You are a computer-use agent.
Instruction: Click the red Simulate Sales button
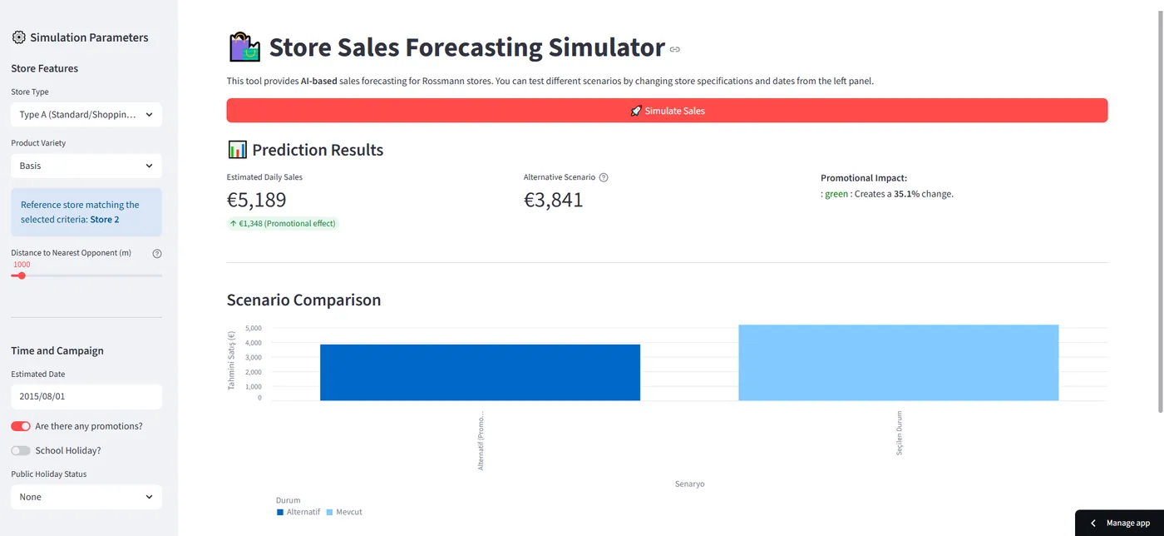[667, 111]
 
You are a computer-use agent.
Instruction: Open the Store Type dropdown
[86, 115]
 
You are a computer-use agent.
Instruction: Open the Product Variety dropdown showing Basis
[86, 166]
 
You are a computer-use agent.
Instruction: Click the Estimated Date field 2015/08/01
[86, 396]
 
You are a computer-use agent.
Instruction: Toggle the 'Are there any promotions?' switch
[21, 426]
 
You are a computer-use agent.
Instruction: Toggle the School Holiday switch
[21, 450]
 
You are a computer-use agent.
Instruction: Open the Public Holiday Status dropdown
[86, 497]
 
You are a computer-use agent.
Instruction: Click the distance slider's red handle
[22, 275]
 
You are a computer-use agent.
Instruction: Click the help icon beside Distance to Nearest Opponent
[157, 253]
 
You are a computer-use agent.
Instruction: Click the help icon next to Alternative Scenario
[604, 177]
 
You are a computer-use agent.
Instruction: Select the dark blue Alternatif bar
[481, 373]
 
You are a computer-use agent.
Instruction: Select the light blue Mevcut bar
[899, 363]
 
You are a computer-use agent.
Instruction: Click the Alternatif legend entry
[298, 512]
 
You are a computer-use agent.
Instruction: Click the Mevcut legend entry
[344, 512]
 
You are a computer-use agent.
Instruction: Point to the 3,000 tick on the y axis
[253, 358]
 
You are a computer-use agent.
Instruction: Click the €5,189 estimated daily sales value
[256, 200]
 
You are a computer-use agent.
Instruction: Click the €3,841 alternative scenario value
[553, 200]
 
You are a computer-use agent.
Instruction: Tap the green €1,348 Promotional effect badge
[283, 223]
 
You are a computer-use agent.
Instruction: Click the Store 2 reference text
[105, 220]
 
